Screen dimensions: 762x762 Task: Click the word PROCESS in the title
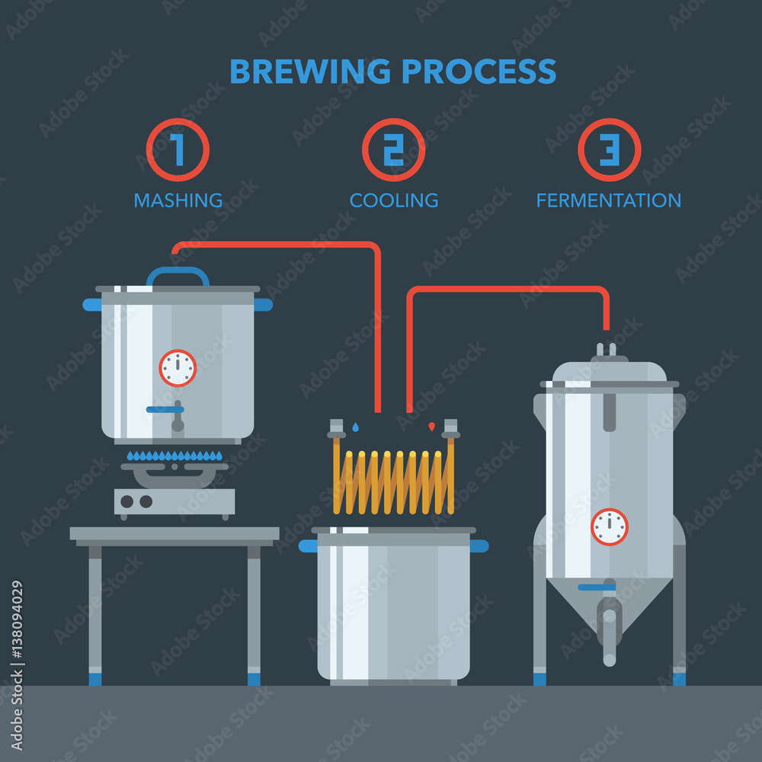[479, 72]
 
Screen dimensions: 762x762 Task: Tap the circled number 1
[178, 150]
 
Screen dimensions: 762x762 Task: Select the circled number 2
[393, 150]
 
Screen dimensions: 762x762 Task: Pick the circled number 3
[609, 150]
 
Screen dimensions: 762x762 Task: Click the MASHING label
[178, 200]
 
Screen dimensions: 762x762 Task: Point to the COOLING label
[394, 200]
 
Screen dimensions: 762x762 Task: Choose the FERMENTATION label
[608, 200]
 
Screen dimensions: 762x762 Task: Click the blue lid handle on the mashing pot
[178, 272]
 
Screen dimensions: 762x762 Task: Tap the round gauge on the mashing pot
[178, 368]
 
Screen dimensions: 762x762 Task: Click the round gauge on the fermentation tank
[610, 527]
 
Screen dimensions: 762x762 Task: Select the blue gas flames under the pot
[174, 456]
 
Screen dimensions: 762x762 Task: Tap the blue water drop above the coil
[356, 427]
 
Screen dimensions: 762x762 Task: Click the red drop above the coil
[431, 427]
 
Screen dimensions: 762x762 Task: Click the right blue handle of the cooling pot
[479, 546]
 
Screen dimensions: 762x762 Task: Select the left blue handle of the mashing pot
[92, 305]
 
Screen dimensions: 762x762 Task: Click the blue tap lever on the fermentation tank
[596, 588]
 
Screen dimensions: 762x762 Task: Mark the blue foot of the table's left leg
[95, 677]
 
